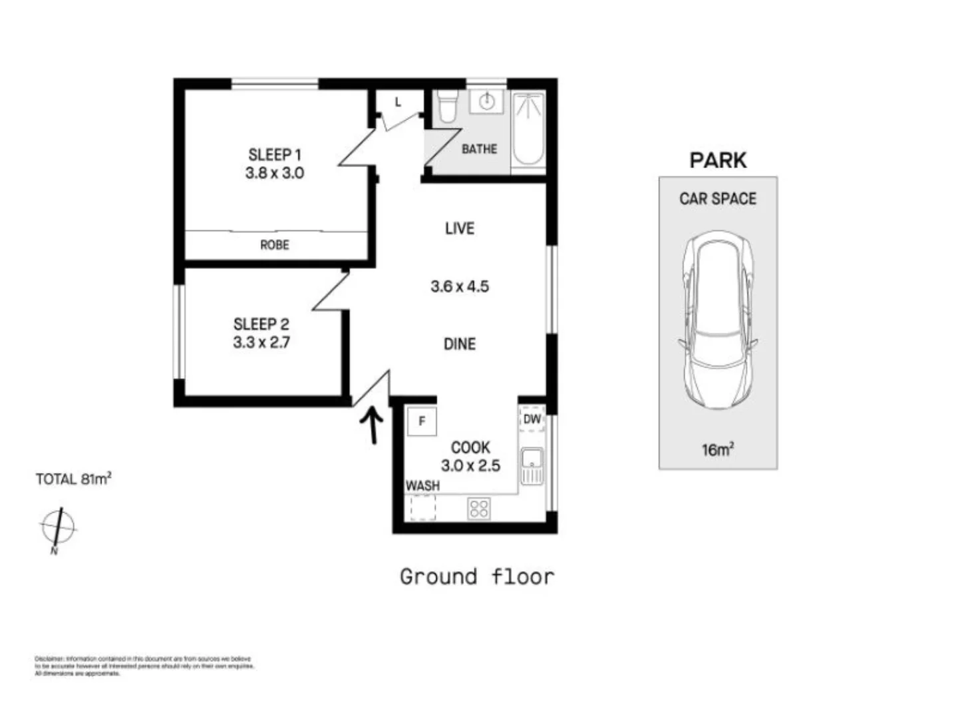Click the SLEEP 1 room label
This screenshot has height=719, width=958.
pyautogui.click(x=274, y=155)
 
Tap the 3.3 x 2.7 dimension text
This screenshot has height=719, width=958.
pyautogui.click(x=261, y=343)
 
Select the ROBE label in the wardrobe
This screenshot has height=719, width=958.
pyautogui.click(x=274, y=245)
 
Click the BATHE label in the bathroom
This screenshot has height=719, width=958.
pyautogui.click(x=479, y=149)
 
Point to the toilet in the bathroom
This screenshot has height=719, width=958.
pyautogui.click(x=448, y=107)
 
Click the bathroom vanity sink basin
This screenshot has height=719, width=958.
pyautogui.click(x=486, y=102)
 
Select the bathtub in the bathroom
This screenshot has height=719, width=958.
pyautogui.click(x=528, y=130)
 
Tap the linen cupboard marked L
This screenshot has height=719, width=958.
pyautogui.click(x=398, y=103)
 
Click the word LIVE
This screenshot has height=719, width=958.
pyautogui.click(x=459, y=228)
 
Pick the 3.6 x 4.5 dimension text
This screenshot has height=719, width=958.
pyautogui.click(x=459, y=287)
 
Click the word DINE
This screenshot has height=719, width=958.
pyautogui.click(x=459, y=344)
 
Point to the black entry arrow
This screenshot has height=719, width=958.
pyautogui.click(x=371, y=425)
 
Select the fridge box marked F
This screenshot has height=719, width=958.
pyautogui.click(x=422, y=421)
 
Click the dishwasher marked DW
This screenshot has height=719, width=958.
pyautogui.click(x=532, y=419)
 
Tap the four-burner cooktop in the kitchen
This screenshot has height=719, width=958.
pyautogui.click(x=479, y=509)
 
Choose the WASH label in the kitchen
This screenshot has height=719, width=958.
pyautogui.click(x=422, y=486)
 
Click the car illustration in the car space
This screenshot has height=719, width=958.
pyautogui.click(x=718, y=320)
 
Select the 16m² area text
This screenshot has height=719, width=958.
pyautogui.click(x=717, y=450)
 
